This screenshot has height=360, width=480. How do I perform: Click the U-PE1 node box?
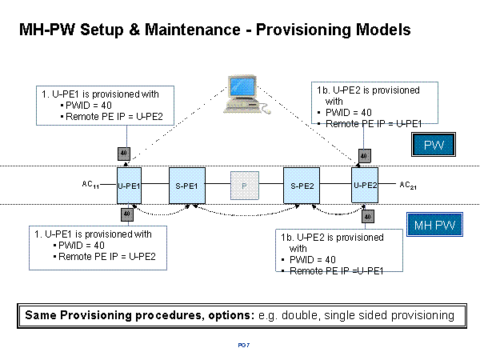click(x=129, y=186)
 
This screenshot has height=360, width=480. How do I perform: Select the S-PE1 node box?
click(x=186, y=186)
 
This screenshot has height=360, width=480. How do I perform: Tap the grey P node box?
click(x=242, y=186)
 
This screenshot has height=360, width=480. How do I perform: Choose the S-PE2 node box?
click(x=301, y=186)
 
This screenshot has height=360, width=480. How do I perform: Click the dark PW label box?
click(x=434, y=145)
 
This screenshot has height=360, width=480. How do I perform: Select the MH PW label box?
click(x=434, y=226)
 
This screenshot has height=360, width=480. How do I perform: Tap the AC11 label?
click(x=90, y=185)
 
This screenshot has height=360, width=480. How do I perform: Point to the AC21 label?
click(x=408, y=185)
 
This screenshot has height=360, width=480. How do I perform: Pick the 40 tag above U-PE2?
click(x=363, y=155)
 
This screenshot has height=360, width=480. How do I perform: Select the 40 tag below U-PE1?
click(x=126, y=214)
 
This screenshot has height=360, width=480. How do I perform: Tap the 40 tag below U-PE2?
click(x=368, y=216)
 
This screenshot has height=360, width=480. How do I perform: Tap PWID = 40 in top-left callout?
click(x=87, y=106)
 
